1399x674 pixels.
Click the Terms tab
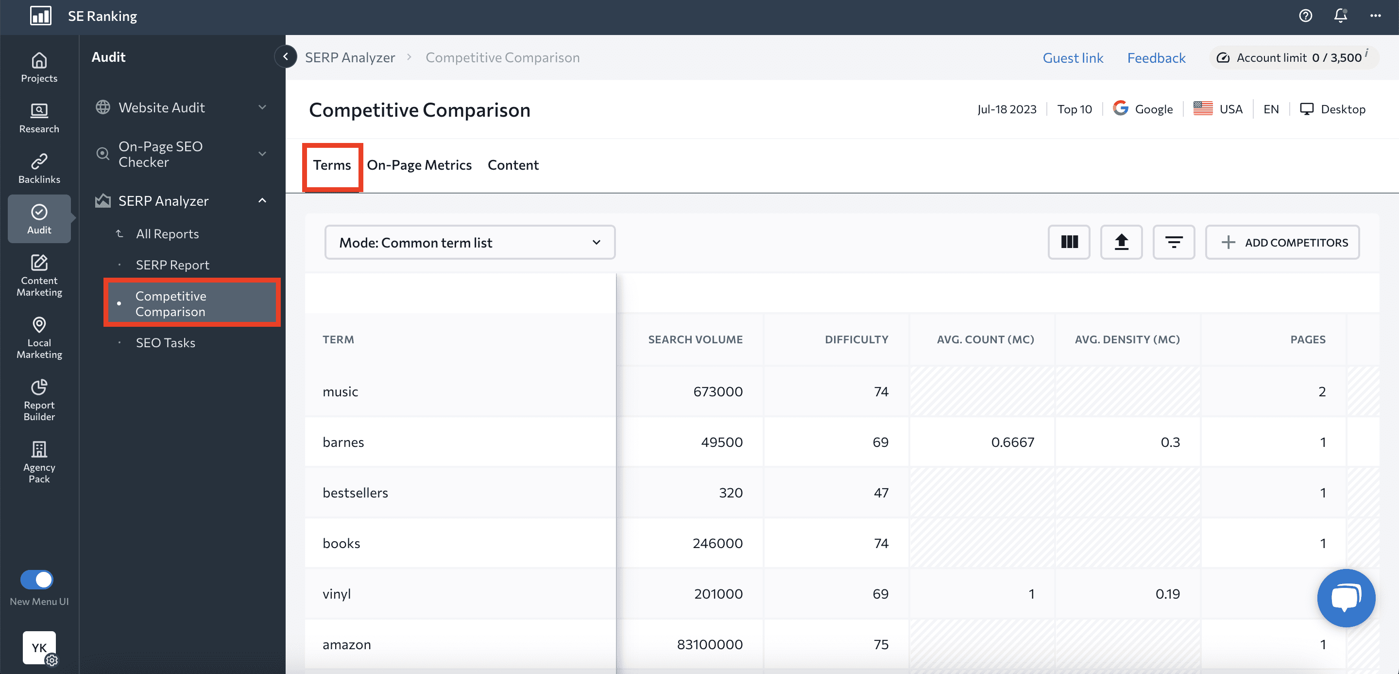(332, 165)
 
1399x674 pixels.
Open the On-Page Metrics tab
(419, 165)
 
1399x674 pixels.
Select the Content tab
(512, 165)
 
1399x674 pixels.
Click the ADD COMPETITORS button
(1282, 243)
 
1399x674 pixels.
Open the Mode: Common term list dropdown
(470, 243)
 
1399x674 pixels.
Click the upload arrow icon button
(1121, 243)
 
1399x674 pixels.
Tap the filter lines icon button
(1173, 243)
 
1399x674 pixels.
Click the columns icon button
(1069, 243)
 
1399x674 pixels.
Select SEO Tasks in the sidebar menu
(165, 343)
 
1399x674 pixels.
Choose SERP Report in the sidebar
(172, 265)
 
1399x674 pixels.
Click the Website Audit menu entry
(161, 107)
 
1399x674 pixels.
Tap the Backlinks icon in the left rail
(39, 168)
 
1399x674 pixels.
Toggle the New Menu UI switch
(37, 580)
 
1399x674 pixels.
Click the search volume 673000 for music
(717, 392)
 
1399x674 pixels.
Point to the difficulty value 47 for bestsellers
(880, 493)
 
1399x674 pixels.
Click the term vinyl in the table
(337, 594)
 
